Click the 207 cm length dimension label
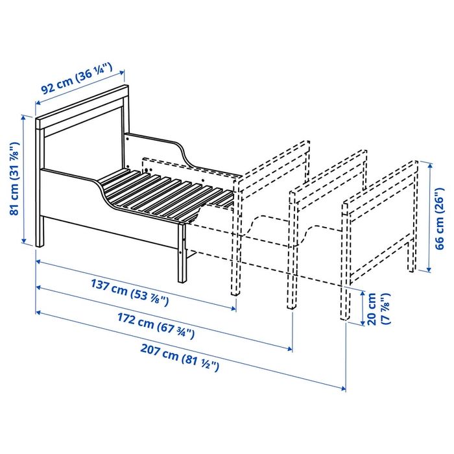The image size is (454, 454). [x=180, y=361]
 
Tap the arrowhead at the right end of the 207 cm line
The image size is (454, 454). [x=343, y=388]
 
